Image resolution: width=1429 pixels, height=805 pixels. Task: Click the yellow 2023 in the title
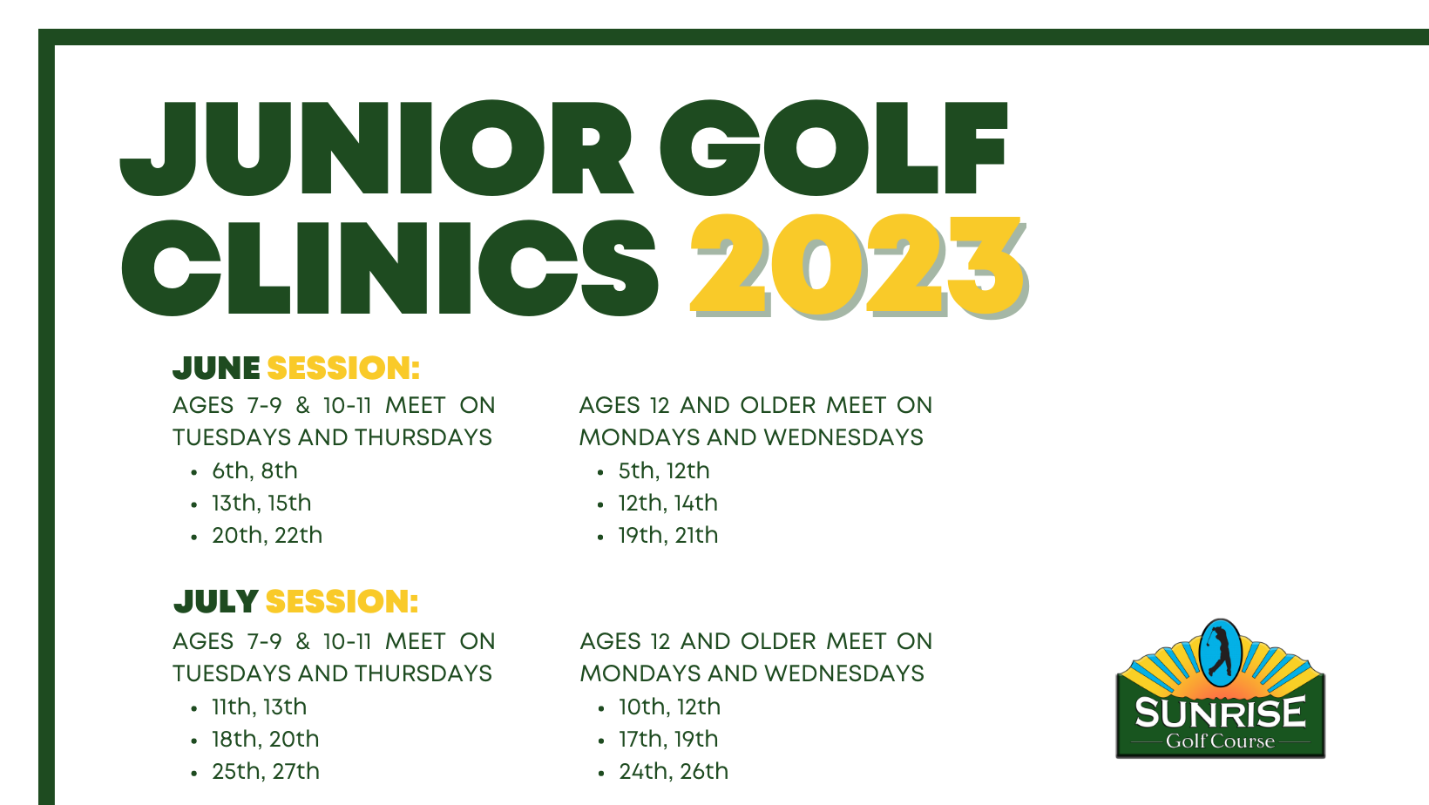coord(858,266)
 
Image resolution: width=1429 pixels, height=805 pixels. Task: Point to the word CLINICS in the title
coord(389,268)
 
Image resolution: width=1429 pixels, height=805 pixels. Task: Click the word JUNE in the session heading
coord(216,368)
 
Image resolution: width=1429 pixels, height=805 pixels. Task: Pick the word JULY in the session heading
coord(215,601)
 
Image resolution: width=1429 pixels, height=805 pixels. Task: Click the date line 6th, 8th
coord(254,470)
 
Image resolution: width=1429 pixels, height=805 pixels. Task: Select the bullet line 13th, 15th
coord(261,503)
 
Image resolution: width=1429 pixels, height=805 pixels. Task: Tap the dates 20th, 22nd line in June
coord(268,535)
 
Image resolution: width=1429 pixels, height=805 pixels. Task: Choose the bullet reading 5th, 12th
coord(664,470)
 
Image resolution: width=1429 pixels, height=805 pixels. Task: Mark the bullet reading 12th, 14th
coord(668,503)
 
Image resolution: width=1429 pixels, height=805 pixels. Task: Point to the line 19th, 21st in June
coord(668,535)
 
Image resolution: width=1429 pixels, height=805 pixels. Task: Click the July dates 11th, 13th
coord(259,707)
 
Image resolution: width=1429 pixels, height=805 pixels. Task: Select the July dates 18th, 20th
coord(266,740)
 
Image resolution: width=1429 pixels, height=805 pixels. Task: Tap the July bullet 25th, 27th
coord(266,771)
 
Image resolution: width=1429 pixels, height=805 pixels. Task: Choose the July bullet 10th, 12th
coord(670,707)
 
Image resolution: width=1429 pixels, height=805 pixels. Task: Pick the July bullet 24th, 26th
coord(674,771)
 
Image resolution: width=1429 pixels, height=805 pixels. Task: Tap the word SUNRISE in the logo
coord(1221,713)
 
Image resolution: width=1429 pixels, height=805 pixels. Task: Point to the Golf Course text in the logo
coord(1220,741)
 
